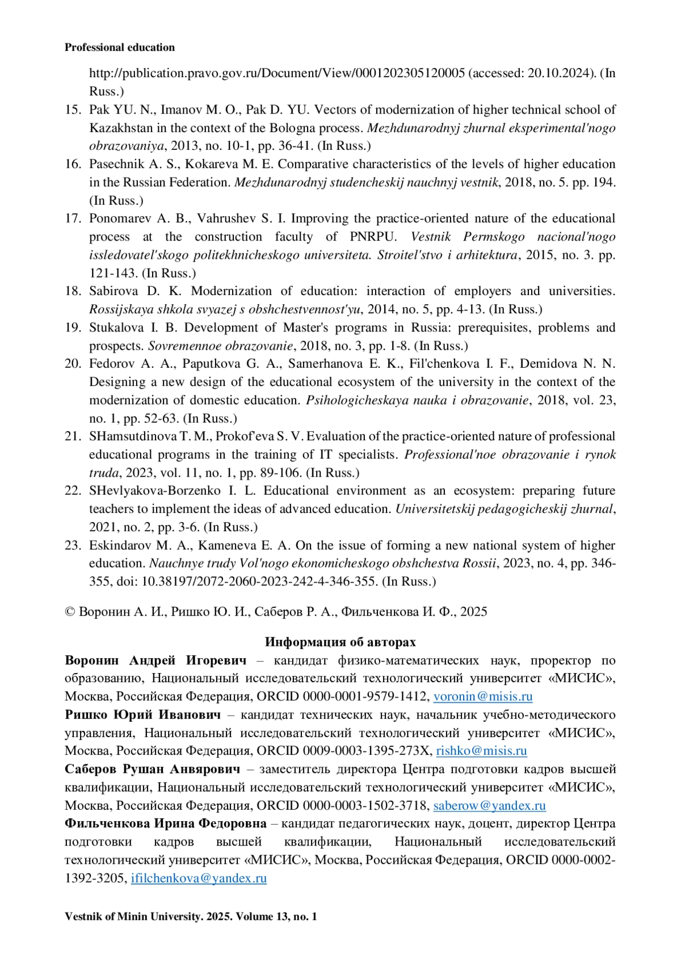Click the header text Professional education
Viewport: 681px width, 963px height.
[x=120, y=48]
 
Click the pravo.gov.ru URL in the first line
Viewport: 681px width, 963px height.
[x=277, y=73]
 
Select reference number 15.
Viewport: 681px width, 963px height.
[x=73, y=110]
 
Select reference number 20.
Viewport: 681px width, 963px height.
[x=73, y=364]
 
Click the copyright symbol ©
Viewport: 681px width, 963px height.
[x=70, y=612]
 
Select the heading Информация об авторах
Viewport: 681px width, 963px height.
[x=340, y=642]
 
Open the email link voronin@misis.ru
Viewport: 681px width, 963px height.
[x=483, y=696]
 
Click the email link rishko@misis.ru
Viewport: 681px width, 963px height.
[x=481, y=751]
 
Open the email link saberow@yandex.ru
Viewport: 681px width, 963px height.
[x=489, y=805]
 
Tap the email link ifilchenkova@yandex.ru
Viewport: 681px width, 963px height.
[x=199, y=878]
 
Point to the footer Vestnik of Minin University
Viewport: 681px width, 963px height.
[x=190, y=916]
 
